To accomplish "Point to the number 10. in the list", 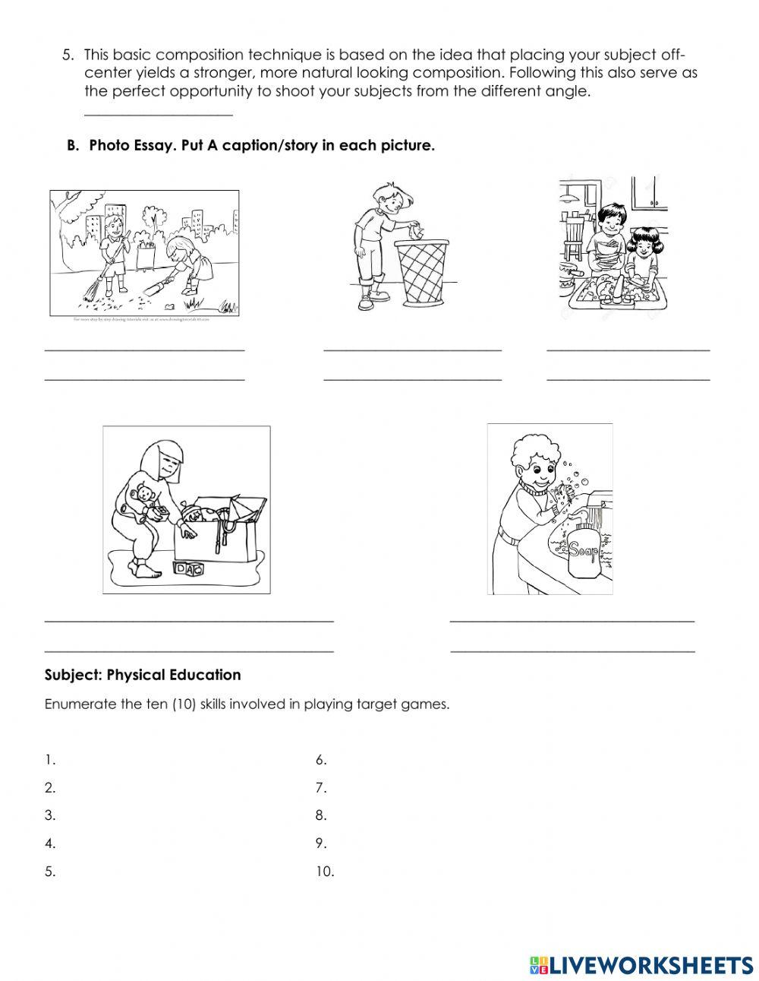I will [324, 872].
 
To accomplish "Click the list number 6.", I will [320, 759].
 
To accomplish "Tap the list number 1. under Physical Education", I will [50, 759].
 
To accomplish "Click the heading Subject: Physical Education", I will [143, 675].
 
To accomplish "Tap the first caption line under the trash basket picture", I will [412, 350].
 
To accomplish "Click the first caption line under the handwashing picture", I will [572, 622].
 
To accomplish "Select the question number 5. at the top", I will [69, 55].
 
